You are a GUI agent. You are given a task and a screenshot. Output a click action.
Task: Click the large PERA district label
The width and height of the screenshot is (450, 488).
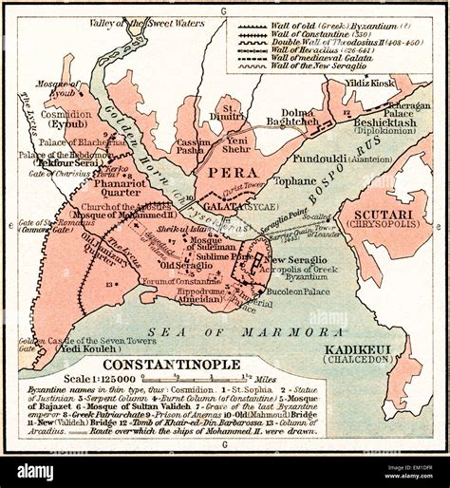click(220, 176)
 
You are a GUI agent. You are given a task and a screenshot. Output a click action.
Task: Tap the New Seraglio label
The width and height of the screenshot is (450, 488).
click(287, 259)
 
